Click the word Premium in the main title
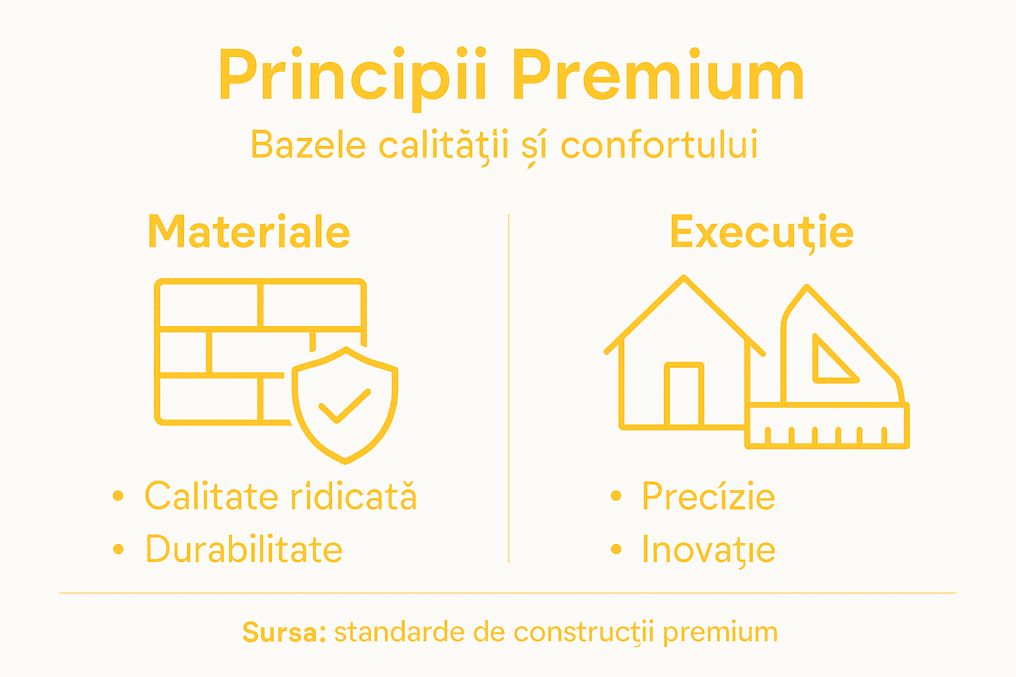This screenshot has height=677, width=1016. tap(657, 76)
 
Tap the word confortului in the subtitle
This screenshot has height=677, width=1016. tap(659, 145)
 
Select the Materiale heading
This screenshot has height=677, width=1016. tap(249, 233)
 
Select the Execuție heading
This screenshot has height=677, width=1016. tap(761, 233)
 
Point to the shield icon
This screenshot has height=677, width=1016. tap(345, 405)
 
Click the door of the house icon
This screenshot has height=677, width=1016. tap(684, 395)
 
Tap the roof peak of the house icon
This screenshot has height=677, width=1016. tap(684, 278)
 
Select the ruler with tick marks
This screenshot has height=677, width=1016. tap(827, 426)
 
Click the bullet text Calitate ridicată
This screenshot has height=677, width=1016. tap(280, 497)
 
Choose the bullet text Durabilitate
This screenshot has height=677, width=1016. tap(244, 549)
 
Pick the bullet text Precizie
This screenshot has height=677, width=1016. tap(708, 497)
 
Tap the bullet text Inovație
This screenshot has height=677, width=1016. tap(708, 550)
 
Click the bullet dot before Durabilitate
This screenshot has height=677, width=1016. tap(118, 549)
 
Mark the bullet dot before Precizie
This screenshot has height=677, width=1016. tap(616, 496)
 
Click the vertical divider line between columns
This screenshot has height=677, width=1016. tap(508, 388)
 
